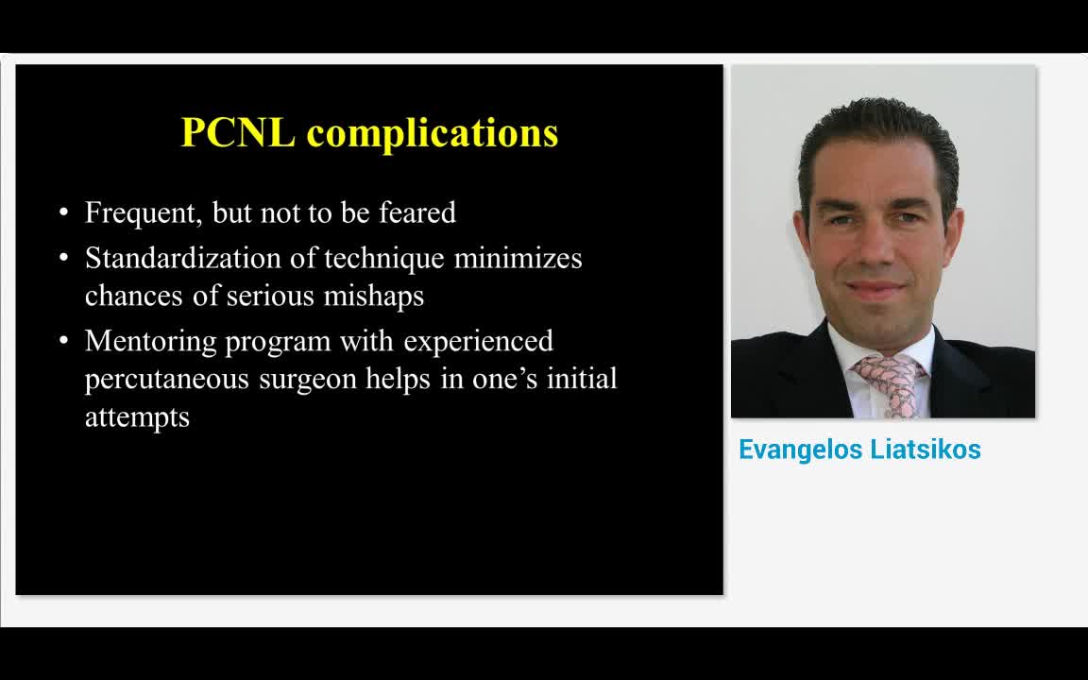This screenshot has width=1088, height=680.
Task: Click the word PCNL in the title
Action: [238, 132]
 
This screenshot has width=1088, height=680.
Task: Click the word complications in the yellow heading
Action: [433, 133]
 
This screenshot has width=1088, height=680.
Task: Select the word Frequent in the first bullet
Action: [142, 212]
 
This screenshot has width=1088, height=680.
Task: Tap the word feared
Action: [417, 212]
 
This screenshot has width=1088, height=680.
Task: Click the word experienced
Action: [478, 341]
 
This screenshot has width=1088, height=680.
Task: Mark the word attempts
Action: [137, 417]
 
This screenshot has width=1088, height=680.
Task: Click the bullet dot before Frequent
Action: [64, 212]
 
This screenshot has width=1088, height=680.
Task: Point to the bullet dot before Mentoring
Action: [64, 341]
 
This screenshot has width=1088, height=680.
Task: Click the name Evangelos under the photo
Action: [794, 450]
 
